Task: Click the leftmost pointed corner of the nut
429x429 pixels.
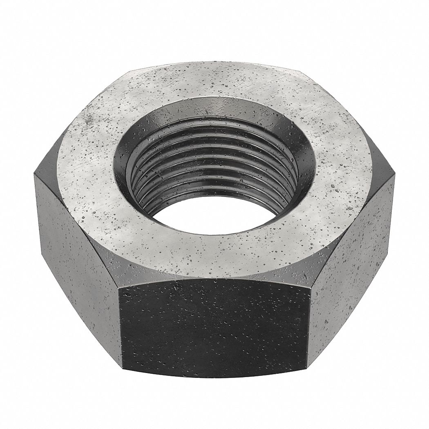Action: point(34,174)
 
